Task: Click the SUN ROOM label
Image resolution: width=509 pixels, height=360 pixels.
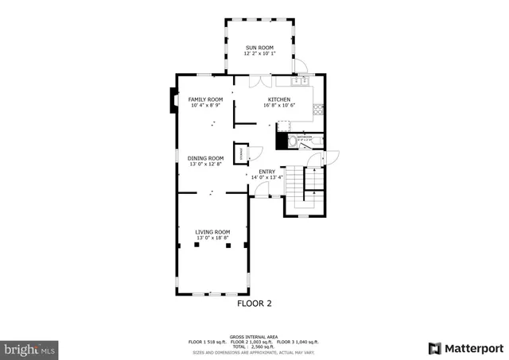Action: pos(259,48)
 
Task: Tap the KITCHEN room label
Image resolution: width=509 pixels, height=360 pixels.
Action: pos(278,99)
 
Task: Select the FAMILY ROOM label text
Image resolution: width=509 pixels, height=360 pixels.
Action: pos(205,99)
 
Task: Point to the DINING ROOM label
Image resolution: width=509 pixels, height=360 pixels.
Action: pos(205,158)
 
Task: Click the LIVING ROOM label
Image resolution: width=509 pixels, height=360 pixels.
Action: pos(212,231)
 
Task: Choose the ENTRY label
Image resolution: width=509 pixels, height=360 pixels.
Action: pos(267,171)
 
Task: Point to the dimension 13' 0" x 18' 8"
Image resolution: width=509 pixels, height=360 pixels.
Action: pos(212,238)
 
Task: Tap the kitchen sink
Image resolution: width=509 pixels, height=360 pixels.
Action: pos(301,81)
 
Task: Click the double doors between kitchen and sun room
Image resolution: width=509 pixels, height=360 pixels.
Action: pos(259,79)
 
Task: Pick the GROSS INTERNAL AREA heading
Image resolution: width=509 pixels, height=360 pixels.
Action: pos(254,336)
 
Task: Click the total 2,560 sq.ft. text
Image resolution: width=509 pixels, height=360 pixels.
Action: pos(254,346)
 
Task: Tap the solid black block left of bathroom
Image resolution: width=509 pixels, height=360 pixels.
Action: pos(280,141)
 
